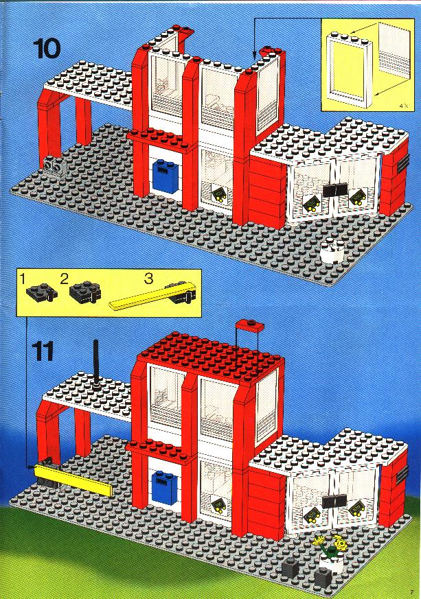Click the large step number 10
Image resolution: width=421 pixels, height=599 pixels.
[x=47, y=49]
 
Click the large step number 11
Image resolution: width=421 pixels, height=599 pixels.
[x=42, y=351]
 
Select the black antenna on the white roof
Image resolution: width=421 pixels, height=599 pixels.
[x=96, y=362]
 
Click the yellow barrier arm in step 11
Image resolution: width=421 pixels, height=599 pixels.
[x=73, y=480]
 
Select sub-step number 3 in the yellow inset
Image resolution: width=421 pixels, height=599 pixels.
[x=149, y=278]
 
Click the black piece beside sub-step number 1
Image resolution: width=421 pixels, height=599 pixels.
[x=42, y=292]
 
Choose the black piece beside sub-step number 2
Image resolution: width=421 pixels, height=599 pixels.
[x=85, y=292]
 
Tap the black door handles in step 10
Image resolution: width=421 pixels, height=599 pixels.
[x=335, y=189]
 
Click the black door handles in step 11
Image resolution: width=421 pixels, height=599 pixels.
[x=334, y=501]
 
